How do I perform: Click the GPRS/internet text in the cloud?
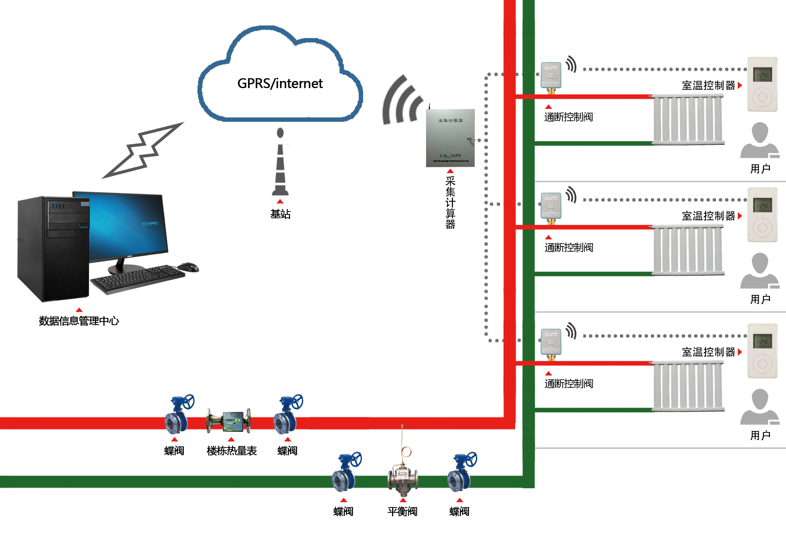pos(280,83)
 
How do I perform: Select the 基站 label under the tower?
pos(280,214)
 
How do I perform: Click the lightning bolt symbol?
pos(143,150)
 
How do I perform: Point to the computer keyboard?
pos(138,277)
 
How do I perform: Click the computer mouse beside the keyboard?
pos(189,267)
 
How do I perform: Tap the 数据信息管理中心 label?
pos(79,321)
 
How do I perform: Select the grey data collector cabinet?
pos(450,138)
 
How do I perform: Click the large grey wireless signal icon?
pos(402,101)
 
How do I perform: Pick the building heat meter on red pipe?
pos(229,421)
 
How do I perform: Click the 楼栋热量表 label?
pos(232,451)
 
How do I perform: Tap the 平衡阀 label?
pos(402,511)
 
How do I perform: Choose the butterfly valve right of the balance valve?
pos(461,473)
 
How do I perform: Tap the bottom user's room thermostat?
pos(762,351)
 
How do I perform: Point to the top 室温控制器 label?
pos(708,86)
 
